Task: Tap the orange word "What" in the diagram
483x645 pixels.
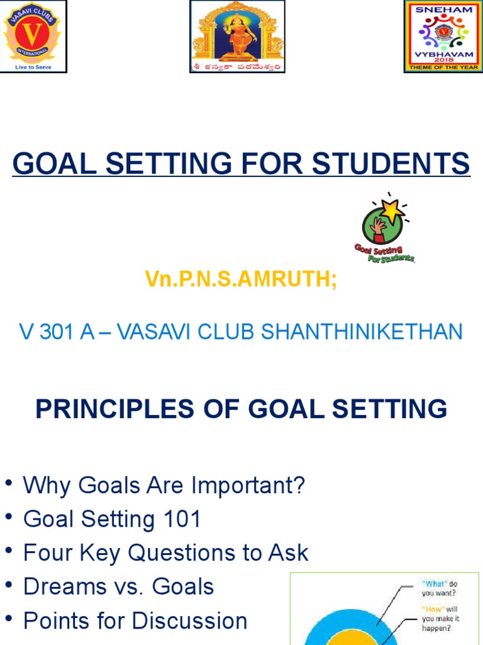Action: (434, 584)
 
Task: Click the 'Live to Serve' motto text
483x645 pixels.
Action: (33, 67)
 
